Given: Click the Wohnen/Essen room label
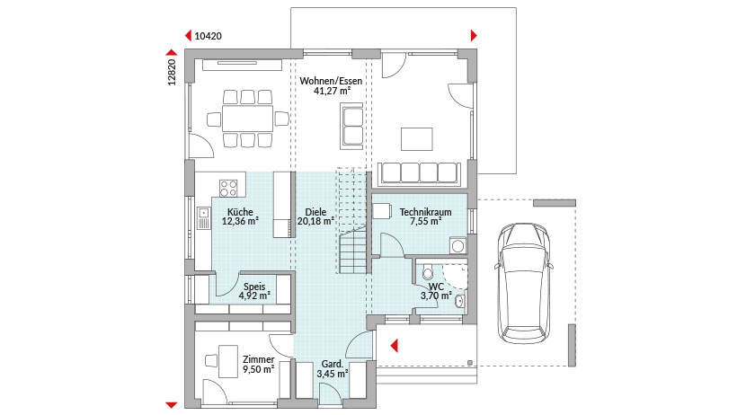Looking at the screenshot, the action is tap(331, 81).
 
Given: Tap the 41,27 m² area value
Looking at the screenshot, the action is tap(332, 91).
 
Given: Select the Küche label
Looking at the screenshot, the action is tap(240, 212).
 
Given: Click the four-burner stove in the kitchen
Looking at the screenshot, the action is tap(228, 188).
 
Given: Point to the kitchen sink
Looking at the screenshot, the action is tap(204, 218).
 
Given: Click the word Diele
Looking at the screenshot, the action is tap(315, 212).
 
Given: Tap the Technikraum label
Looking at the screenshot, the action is tap(426, 212).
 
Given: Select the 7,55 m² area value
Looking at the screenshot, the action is tap(426, 222).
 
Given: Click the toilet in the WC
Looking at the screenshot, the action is tap(427, 272).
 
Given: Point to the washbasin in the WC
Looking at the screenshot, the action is tap(459, 302).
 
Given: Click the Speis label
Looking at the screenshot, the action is tap(254, 287).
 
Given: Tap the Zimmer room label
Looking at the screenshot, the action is tap(259, 359).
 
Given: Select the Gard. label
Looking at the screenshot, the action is tap(333, 364).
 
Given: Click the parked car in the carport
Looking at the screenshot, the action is tap(524, 283).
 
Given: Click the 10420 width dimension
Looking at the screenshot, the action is tap(208, 36).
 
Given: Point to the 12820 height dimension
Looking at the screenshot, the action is tap(172, 72).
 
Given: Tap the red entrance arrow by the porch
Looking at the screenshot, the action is tap(394, 346).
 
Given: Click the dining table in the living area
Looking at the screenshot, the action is tap(247, 119).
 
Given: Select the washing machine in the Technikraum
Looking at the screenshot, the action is tap(457, 246).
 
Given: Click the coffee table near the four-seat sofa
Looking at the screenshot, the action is tap(417, 139).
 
